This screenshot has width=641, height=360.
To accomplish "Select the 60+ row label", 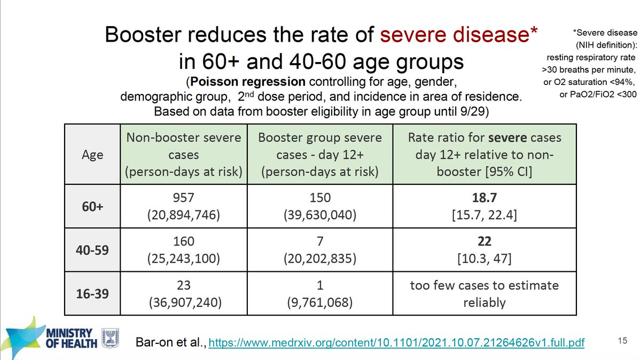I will point(92,207).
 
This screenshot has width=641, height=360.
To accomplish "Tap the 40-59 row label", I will point(92,251).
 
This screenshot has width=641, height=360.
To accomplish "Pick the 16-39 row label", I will point(92,293).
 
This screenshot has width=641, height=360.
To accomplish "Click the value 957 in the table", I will point(184,198).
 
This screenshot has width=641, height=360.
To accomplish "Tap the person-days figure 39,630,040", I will point(320,216).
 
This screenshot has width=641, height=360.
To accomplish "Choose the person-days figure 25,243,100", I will point(184,259).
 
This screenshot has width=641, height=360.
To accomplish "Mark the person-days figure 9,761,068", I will point(320,302).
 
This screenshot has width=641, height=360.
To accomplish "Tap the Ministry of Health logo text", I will point(72,337).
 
